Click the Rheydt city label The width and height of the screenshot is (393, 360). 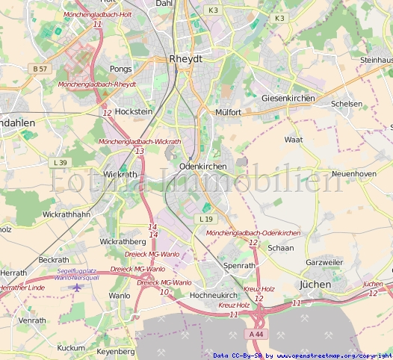[x=186, y=58]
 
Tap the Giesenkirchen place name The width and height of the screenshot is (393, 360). [x=288, y=99]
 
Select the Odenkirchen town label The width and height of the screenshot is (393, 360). [x=202, y=166]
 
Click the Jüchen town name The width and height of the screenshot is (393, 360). [x=315, y=285]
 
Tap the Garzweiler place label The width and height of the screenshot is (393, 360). [x=324, y=263]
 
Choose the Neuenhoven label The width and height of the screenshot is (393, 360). [x=353, y=173]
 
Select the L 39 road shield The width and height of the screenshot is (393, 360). [x=61, y=162]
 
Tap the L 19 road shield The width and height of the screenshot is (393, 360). [x=206, y=219]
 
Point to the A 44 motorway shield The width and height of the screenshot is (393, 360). [x=257, y=333]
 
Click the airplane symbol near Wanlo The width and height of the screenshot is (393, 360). [x=76, y=287]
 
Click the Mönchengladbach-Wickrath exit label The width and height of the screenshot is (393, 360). [x=139, y=141]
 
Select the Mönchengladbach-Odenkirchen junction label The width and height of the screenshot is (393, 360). [x=253, y=233]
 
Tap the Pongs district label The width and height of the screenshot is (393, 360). [x=120, y=69]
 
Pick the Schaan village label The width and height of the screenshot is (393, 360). [x=280, y=248]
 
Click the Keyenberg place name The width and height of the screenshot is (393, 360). [x=116, y=350]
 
